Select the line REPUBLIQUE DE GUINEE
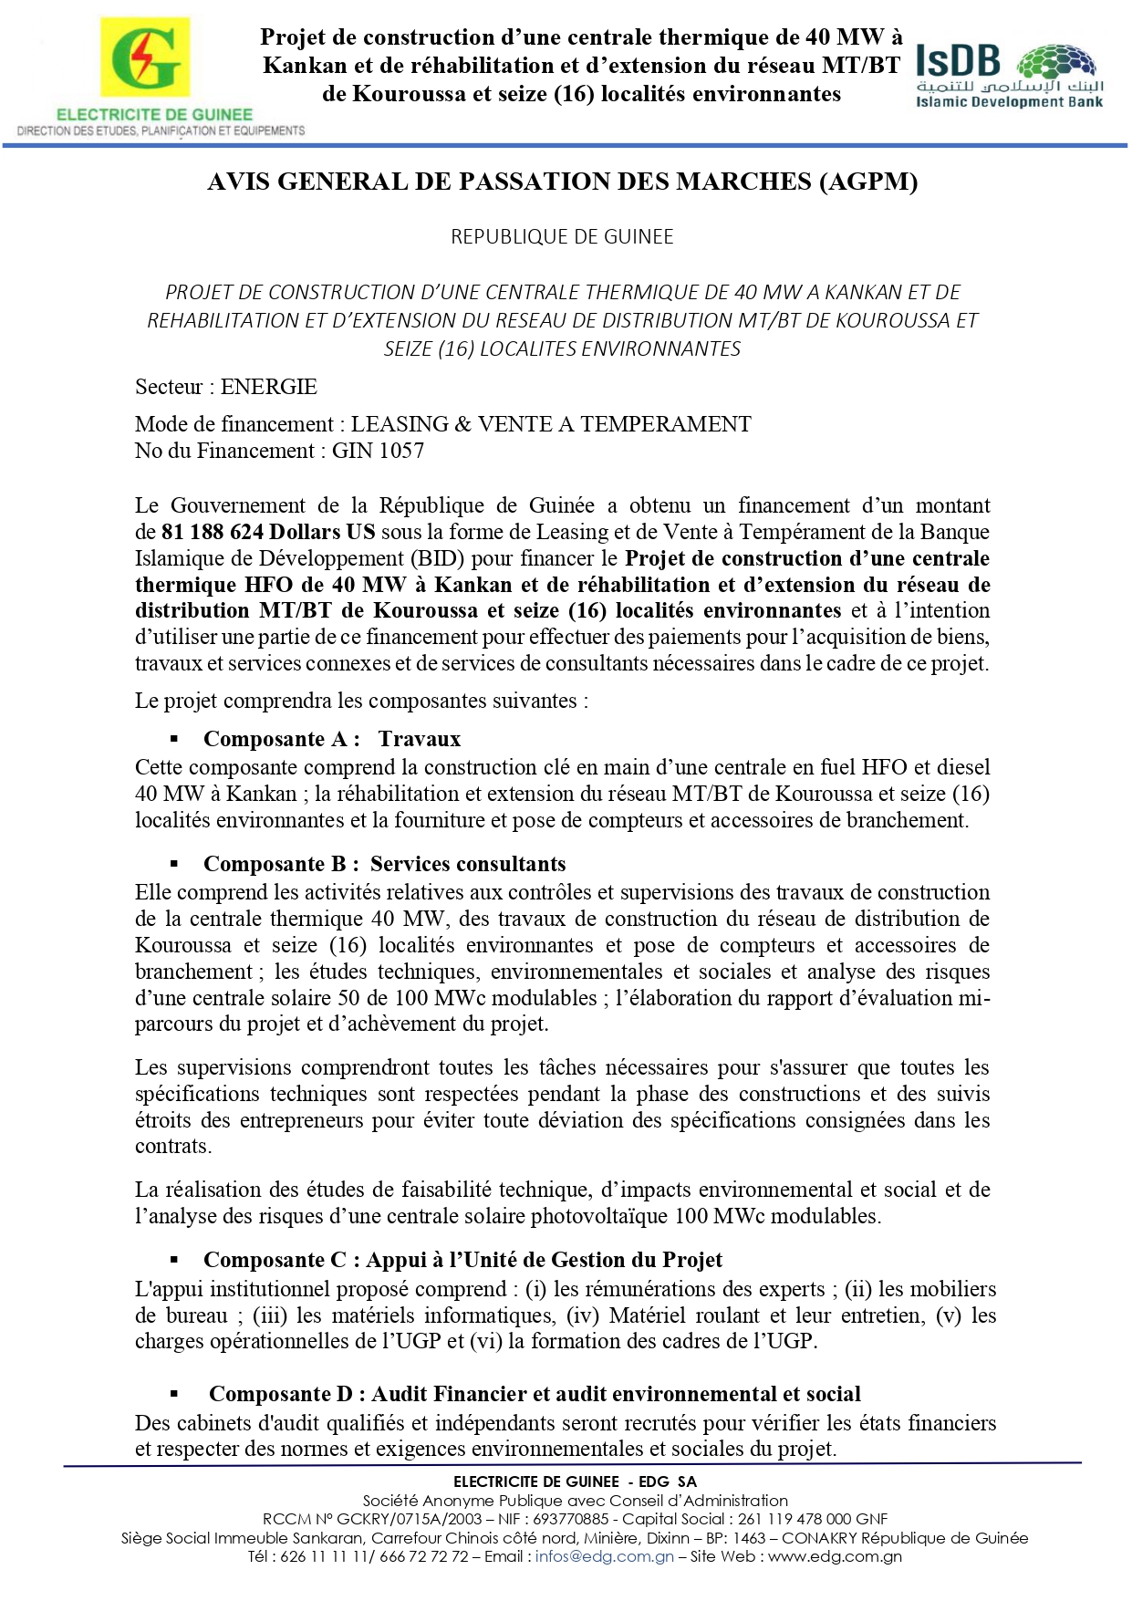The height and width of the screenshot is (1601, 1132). (562, 237)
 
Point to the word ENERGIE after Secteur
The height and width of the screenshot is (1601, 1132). (269, 387)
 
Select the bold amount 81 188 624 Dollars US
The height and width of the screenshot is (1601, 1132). (268, 532)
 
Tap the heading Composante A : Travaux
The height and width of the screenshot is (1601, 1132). (332, 739)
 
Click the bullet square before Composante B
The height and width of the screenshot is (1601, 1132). (174, 864)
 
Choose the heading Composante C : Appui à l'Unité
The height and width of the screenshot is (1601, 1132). (462, 1260)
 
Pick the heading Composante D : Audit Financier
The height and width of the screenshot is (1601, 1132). (535, 1394)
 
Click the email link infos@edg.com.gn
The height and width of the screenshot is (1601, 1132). (604, 1556)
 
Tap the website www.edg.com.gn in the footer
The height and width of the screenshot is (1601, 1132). (835, 1556)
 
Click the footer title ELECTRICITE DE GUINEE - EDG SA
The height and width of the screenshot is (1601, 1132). (575, 1481)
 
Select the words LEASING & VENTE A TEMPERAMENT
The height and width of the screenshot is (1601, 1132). (551, 424)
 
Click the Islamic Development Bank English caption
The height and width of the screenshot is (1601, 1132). (1009, 102)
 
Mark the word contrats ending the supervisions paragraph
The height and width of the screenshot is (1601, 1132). (171, 1147)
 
